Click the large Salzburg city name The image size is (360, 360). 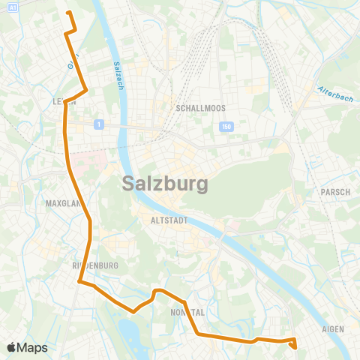pos(164,183)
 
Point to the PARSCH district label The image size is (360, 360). pos(335,192)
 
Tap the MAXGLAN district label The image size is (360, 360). pos(61,203)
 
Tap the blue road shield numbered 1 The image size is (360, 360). pos(97,124)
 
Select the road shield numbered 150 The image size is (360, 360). pos(226,127)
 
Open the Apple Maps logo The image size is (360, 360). pos(27,347)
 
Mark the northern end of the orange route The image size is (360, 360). pos(68,13)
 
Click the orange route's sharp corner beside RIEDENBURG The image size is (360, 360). pos(79,282)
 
